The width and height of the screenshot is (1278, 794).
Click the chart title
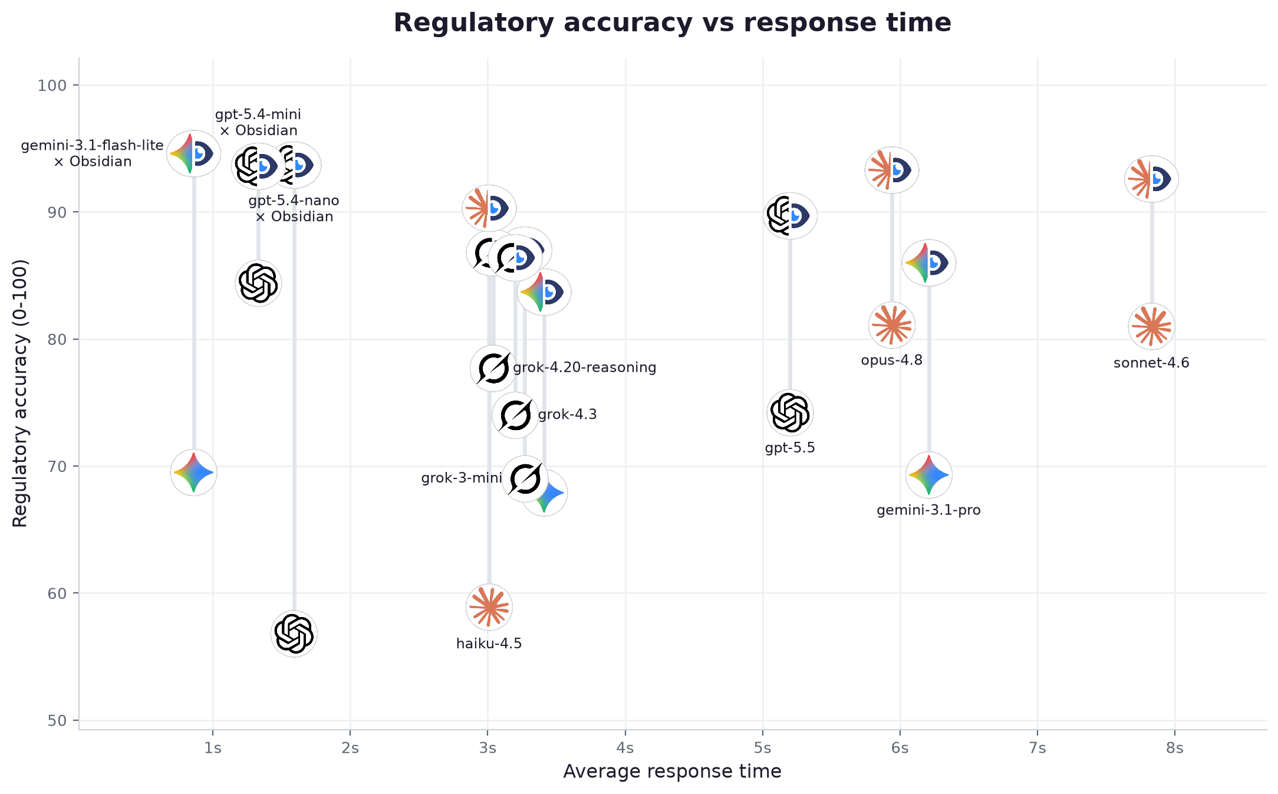(x=672, y=23)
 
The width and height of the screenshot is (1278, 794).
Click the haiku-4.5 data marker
(x=489, y=607)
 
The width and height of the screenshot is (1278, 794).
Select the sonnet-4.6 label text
(x=1151, y=363)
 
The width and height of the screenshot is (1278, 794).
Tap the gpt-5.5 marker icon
(x=790, y=412)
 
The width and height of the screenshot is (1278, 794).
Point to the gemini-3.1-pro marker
(x=929, y=475)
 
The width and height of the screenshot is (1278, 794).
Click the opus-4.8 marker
(x=892, y=325)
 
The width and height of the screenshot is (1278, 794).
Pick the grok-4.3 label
(x=567, y=414)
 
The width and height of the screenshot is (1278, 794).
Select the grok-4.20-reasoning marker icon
(x=493, y=368)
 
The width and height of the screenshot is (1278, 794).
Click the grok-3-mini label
(x=462, y=478)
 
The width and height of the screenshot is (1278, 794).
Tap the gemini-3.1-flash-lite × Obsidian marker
(x=194, y=153)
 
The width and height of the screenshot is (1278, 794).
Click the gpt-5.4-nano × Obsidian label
(x=294, y=209)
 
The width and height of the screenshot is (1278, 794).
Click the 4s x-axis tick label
(x=625, y=749)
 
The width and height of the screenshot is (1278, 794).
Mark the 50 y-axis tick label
(x=57, y=721)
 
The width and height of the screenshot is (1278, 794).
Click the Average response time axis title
(x=672, y=772)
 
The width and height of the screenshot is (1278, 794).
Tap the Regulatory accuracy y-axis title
(x=20, y=393)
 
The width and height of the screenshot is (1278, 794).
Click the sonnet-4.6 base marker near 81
(x=1152, y=326)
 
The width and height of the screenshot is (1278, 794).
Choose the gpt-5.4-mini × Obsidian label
(x=258, y=122)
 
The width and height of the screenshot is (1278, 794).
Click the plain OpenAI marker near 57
(x=294, y=634)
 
